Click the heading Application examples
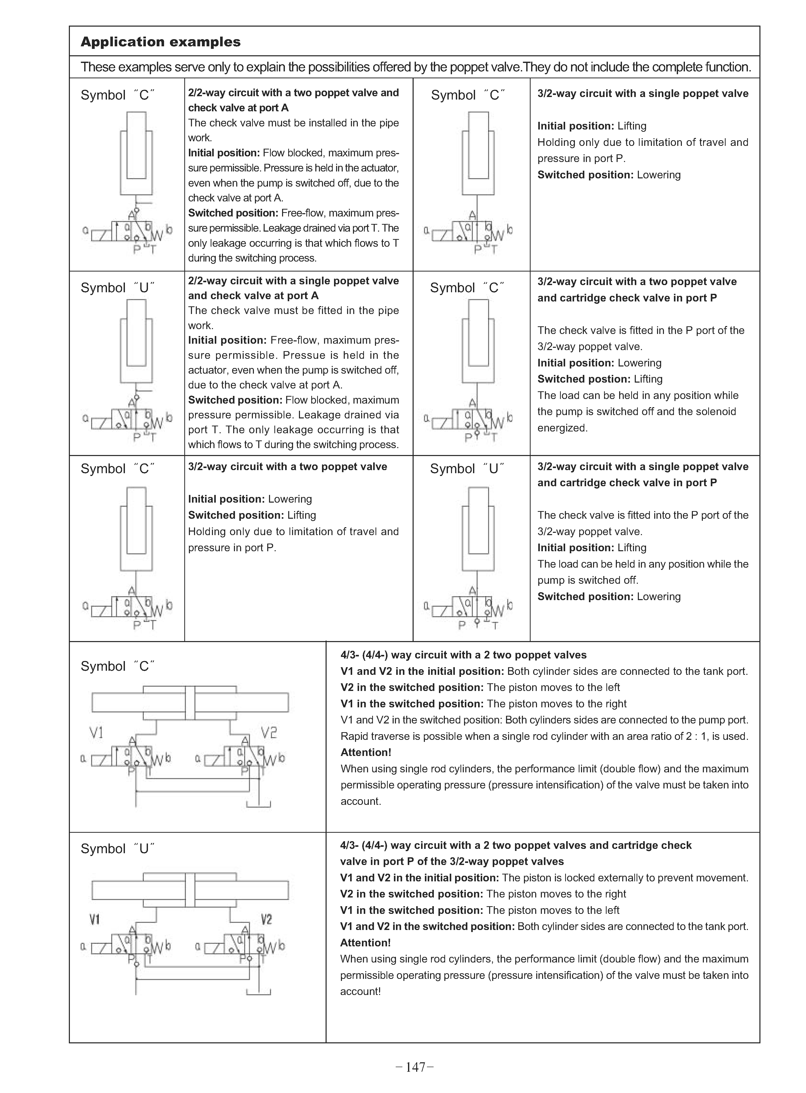160,42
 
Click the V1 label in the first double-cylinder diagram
96,733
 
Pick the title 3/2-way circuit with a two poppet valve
287,467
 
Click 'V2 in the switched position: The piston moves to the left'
480,687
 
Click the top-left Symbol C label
117,95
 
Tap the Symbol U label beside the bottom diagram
117,849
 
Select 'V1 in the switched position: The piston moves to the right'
483,704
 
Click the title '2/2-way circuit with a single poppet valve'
293,281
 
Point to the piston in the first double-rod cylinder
190,702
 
